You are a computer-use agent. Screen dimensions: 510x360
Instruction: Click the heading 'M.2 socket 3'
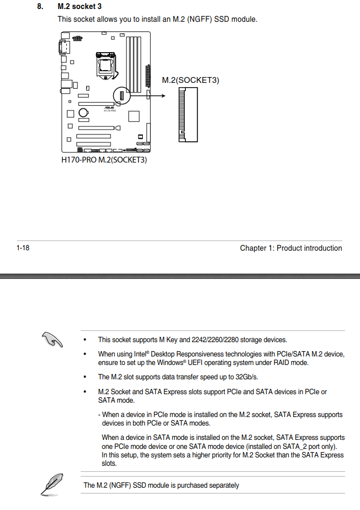[x=80, y=7]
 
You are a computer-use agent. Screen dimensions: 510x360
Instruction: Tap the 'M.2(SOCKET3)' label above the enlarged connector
[x=190, y=80]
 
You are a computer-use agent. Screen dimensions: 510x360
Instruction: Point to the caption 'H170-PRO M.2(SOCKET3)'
[x=104, y=159]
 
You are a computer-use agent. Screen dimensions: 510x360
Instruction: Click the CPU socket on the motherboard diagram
[x=104, y=63]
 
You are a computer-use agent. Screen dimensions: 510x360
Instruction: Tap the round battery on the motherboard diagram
[x=84, y=113]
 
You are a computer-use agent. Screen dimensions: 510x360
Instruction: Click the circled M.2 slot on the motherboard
[x=122, y=96]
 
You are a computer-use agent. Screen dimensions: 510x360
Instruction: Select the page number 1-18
[x=23, y=248]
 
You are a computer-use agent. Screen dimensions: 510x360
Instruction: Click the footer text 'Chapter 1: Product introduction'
[x=290, y=248]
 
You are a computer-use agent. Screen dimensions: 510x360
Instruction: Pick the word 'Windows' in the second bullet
[x=170, y=363]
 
